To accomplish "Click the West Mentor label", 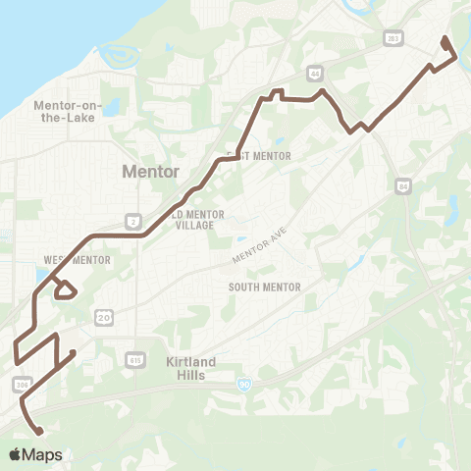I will (77, 260).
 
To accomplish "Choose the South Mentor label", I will (264, 287).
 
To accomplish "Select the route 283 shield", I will (389, 38).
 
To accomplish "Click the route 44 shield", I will (315, 73).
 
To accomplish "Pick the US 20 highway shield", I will (104, 316).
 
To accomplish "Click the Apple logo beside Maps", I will (17, 454).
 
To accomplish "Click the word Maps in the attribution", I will (43, 455).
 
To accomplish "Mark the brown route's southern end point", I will (41, 432).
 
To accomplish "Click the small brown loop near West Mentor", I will (66, 290).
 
